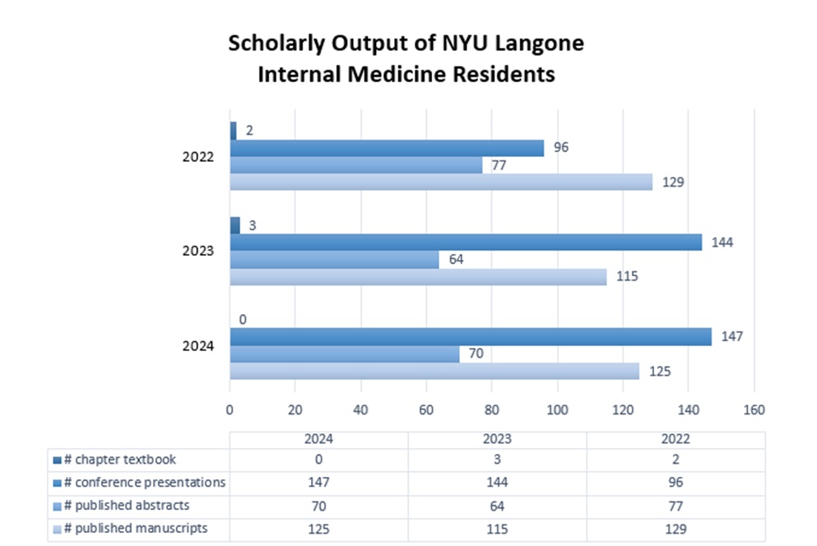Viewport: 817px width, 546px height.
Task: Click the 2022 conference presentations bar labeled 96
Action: coord(387,148)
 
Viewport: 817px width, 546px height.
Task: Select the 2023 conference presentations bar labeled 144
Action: coord(466,243)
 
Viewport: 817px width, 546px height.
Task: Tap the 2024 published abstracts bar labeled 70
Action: coord(345,354)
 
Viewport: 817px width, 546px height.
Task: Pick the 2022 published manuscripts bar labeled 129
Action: coord(441,182)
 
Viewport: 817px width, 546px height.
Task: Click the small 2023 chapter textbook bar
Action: coord(234,225)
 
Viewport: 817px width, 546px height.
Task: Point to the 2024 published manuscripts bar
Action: coord(434,372)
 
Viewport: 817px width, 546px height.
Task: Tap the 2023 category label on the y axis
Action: coord(198,252)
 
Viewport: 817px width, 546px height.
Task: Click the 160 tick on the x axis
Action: coord(754,409)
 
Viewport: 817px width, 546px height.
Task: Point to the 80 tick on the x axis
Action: coord(492,409)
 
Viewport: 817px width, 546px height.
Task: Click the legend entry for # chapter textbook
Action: coord(120,460)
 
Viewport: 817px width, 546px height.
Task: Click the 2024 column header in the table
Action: coord(318,439)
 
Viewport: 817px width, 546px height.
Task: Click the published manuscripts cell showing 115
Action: coord(497,529)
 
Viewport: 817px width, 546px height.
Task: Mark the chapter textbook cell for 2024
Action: coord(318,460)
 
